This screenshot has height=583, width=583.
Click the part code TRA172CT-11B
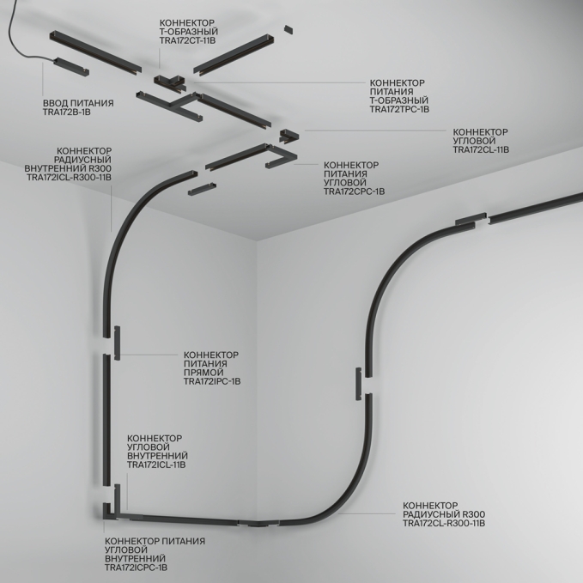tap(188, 40)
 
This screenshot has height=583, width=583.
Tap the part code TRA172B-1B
tap(67, 112)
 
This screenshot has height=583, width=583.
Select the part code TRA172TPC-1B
tap(400, 109)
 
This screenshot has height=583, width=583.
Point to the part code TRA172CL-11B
tap(481, 149)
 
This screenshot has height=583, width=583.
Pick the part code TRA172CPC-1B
tap(355, 191)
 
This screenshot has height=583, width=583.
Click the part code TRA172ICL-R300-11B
tap(69, 178)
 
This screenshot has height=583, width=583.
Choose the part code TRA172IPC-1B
tap(212, 381)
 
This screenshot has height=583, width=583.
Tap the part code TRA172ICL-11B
tap(156, 465)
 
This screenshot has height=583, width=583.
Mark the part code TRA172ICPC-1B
tap(136, 568)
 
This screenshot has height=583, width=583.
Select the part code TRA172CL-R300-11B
tap(444, 523)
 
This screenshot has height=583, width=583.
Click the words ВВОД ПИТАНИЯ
tap(78, 103)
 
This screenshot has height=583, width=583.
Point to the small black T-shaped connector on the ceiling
tap(170, 82)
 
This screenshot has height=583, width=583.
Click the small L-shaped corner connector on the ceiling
tap(288, 135)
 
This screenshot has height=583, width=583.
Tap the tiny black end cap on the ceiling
tap(288, 29)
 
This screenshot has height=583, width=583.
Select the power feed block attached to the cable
tap(71, 67)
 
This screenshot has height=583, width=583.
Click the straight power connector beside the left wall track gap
tap(117, 343)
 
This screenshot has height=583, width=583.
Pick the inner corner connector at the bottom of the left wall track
tap(111, 512)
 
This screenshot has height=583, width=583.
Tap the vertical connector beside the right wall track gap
tap(358, 384)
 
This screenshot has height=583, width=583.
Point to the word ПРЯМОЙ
tap(203, 373)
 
